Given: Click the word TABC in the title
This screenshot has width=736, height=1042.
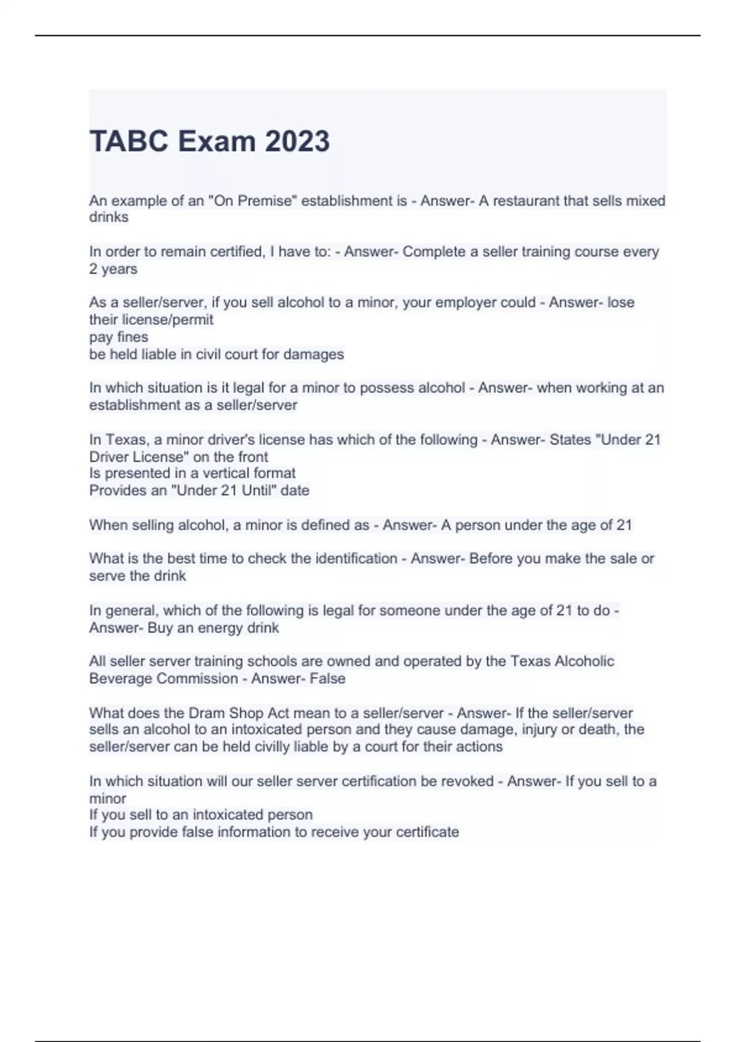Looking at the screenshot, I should (x=129, y=141).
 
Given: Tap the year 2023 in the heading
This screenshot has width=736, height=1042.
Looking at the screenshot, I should (x=297, y=141).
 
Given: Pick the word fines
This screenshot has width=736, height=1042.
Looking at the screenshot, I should (x=132, y=337).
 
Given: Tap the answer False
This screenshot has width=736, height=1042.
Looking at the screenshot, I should (x=328, y=679).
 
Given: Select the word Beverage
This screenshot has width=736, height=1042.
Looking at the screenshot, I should (x=120, y=679).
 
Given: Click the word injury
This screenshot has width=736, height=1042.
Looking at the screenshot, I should (x=542, y=729).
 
